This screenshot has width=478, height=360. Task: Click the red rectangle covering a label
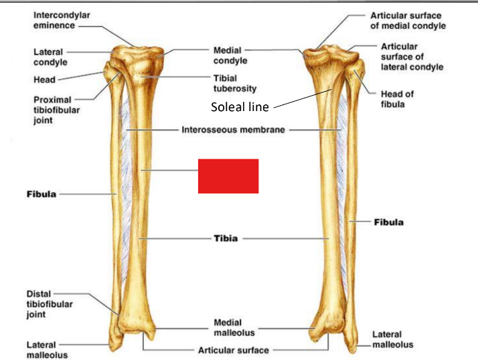click(228, 176)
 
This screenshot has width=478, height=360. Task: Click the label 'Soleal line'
click(240, 106)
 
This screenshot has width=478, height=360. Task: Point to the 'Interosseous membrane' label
click(234, 129)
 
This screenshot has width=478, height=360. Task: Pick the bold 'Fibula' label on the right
click(388, 222)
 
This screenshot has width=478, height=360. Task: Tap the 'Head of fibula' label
click(397, 99)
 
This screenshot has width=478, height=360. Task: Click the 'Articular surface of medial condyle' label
click(407, 20)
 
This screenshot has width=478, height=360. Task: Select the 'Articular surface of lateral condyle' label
click(411, 57)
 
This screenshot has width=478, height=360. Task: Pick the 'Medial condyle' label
click(230, 55)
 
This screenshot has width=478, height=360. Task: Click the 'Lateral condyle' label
click(49, 56)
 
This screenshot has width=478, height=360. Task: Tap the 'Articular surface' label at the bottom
click(233, 349)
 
